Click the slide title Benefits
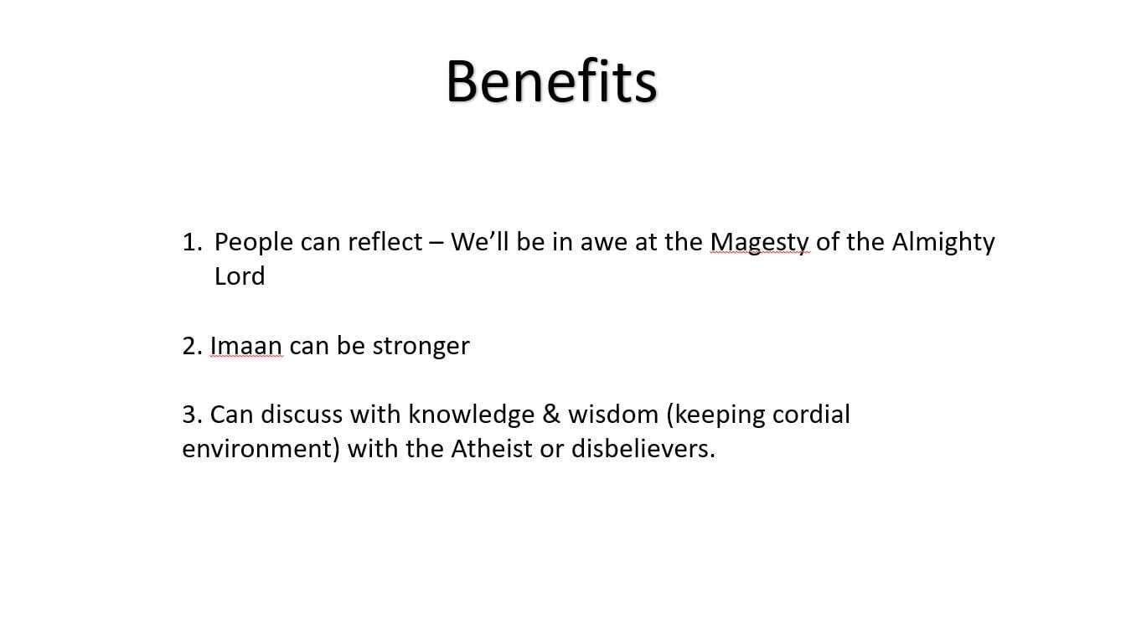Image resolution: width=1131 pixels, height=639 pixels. (x=551, y=81)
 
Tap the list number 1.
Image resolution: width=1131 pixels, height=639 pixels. (x=192, y=242)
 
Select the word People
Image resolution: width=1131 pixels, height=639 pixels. (x=254, y=243)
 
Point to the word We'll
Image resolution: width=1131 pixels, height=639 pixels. (x=480, y=241)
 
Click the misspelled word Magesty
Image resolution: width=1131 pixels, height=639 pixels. (x=759, y=243)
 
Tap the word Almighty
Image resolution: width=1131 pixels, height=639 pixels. (x=943, y=243)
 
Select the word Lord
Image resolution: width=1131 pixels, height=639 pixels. (x=240, y=276)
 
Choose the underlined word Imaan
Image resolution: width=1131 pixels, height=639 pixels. (x=246, y=346)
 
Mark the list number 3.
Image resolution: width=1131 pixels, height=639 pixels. (x=193, y=415)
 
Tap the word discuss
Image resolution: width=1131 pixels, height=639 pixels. (x=302, y=415)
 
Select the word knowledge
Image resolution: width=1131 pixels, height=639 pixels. (x=471, y=415)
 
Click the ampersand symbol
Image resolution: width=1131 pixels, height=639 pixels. (x=551, y=415)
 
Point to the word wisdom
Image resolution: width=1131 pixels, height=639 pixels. (x=613, y=415)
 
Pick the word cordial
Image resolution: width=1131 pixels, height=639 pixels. (x=812, y=415)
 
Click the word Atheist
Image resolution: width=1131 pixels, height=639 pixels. (x=491, y=449)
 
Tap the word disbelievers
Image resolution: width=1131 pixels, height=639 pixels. (x=643, y=449)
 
